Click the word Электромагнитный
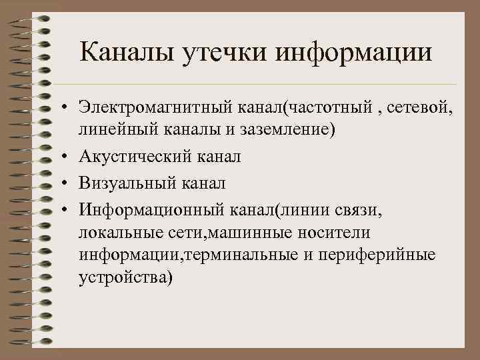tap(149, 107)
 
